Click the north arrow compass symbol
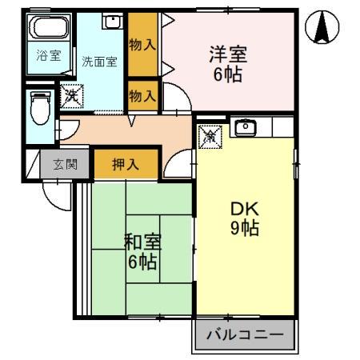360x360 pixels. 322,26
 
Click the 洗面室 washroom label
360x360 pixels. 99,62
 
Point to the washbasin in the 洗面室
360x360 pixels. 111,22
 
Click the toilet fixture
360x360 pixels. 38,106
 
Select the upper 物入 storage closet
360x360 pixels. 142,45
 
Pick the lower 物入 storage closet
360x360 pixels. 142,96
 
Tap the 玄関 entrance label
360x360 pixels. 66,166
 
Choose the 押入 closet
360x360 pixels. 124,166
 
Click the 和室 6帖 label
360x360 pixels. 141,250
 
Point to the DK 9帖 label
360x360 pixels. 243,218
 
